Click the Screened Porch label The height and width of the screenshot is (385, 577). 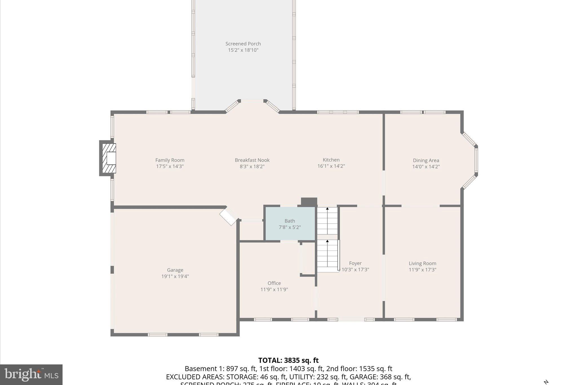click(x=243, y=44)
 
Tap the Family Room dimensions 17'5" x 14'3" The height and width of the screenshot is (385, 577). click(x=170, y=166)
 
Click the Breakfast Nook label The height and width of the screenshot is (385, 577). click(x=252, y=160)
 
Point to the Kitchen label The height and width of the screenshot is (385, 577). click(x=331, y=160)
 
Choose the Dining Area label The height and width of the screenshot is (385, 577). click(x=426, y=160)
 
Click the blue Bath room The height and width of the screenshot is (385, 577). click(x=290, y=224)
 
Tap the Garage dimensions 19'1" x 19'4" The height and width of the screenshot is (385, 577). click(x=175, y=276)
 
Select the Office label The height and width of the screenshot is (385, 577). click(x=274, y=283)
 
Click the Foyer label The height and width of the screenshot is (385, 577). click(x=355, y=263)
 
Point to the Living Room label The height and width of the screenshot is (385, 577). click(x=422, y=263)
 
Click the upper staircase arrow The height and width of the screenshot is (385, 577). click(x=327, y=209)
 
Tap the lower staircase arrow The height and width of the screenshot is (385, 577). click(x=327, y=242)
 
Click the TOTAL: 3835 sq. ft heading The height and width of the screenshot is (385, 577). click(x=288, y=360)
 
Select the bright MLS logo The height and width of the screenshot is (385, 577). click(x=31, y=375)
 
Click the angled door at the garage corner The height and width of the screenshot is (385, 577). click(x=229, y=216)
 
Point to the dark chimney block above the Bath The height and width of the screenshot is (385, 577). click(x=309, y=202)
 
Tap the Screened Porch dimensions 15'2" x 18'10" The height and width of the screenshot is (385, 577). click(x=243, y=50)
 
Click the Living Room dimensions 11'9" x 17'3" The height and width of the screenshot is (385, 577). click(x=422, y=270)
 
